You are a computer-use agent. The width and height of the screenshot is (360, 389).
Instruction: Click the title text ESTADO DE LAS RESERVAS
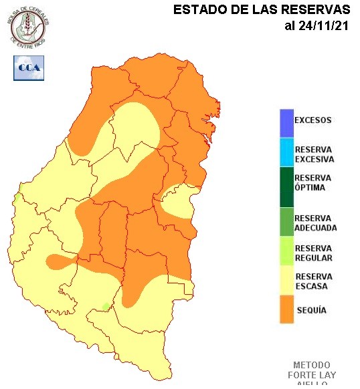point(262,10)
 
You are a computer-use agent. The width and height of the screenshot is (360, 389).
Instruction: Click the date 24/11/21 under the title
point(317,26)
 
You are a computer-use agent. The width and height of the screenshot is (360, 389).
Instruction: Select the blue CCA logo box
point(28,68)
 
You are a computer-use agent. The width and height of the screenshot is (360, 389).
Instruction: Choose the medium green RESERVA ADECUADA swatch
point(286,222)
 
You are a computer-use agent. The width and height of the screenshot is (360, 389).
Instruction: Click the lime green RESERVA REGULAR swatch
point(286,253)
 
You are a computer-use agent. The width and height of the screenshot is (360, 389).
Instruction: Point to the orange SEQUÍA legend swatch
point(286,310)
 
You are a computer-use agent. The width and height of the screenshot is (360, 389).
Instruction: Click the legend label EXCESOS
point(313,120)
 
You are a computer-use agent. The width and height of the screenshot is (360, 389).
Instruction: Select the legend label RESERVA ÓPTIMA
point(312,182)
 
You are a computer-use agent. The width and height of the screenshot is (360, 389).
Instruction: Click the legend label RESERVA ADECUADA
point(315,223)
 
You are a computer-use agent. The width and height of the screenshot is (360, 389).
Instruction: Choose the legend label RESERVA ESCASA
point(313,281)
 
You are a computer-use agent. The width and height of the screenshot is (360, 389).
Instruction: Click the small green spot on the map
point(105,306)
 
